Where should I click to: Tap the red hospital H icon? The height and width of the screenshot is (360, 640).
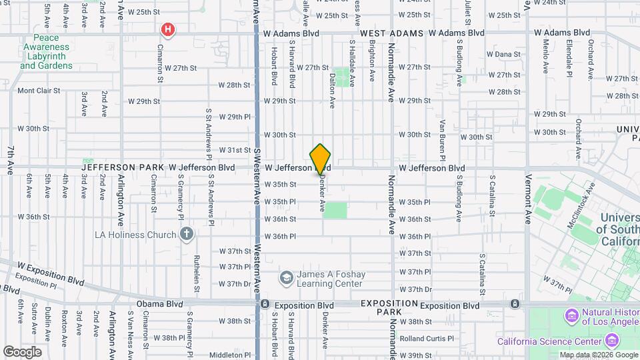168,29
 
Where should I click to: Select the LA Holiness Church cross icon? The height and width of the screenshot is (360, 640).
187,234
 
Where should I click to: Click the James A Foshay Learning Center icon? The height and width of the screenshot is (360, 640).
286,277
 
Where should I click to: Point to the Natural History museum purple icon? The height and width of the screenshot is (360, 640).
571,315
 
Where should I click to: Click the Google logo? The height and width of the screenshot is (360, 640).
22,351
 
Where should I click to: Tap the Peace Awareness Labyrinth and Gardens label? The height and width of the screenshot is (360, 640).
46,52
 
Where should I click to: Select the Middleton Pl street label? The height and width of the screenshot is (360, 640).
227,355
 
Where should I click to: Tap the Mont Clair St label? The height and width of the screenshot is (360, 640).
39,91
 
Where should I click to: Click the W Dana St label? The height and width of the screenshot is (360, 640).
503,54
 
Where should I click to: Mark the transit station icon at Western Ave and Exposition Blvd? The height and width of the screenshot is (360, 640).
265,304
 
